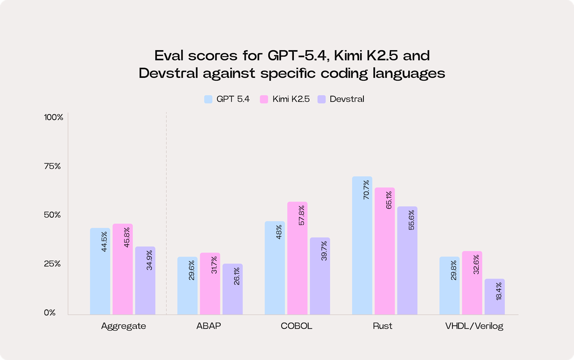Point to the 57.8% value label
[x=301, y=215]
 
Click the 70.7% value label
[x=366, y=190]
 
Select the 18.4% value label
[x=499, y=291]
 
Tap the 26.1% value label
[x=236, y=276]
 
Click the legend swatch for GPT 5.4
[x=208, y=99]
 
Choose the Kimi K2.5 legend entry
[x=291, y=99]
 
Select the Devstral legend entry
[x=347, y=99]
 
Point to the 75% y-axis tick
[x=52, y=166]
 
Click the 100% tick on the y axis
[x=53, y=118]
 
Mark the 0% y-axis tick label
[x=50, y=313]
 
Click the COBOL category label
[x=296, y=326]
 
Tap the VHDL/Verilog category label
[x=474, y=326]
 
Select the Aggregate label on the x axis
[x=123, y=326]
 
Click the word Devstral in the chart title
[x=168, y=73]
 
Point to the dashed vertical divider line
[x=166, y=215]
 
